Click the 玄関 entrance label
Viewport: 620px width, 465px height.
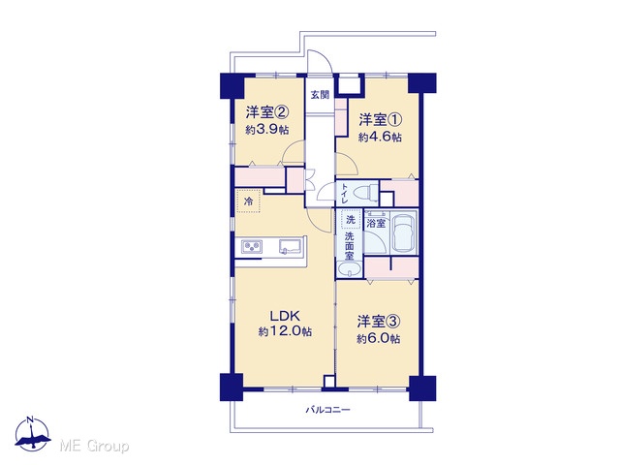click(x=320, y=95)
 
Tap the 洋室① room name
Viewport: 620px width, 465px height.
click(x=380, y=119)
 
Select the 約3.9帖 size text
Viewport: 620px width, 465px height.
click(x=267, y=129)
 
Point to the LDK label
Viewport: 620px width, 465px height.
click(x=285, y=316)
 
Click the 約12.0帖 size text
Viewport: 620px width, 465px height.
click(x=285, y=331)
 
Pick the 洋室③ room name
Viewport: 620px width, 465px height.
click(x=379, y=322)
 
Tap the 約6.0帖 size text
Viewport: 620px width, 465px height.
click(x=379, y=339)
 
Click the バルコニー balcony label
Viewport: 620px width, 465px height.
click(x=327, y=410)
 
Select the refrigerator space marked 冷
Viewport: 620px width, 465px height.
click(x=249, y=201)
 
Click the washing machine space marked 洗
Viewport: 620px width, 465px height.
click(x=351, y=220)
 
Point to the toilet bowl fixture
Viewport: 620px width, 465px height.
click(x=366, y=193)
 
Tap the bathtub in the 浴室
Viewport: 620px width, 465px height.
click(x=403, y=232)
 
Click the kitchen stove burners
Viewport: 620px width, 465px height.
click(x=252, y=247)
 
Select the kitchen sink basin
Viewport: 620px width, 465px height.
click(x=290, y=246)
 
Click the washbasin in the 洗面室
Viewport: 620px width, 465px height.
click(x=349, y=271)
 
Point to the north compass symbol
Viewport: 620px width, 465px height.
click(x=32, y=434)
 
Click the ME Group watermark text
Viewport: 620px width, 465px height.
click(x=94, y=447)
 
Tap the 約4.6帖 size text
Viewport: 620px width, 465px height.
click(x=380, y=137)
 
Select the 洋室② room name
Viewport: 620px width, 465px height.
click(x=267, y=112)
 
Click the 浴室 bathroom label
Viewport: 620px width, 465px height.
click(x=376, y=223)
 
